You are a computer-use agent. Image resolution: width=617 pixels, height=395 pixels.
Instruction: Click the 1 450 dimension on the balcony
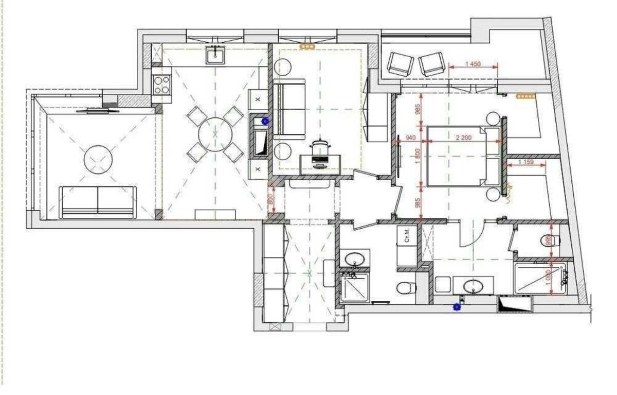pos(473,64)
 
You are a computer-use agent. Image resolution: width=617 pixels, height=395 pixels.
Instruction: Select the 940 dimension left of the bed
pos(410,138)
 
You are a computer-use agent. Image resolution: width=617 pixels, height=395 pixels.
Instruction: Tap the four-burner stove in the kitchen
pos(161,84)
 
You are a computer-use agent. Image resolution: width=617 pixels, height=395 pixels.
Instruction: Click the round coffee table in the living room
pos(98,160)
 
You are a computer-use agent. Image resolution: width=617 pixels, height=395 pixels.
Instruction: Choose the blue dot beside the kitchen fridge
pos(265,122)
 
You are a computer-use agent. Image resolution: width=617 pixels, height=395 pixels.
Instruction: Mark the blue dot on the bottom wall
pos(456,307)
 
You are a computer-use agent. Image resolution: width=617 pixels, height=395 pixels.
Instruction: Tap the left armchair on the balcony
pos(400,64)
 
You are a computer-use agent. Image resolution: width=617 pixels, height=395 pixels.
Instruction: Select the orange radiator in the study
pos(308,47)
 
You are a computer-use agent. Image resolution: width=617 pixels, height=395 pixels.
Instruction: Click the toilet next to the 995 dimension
pos(547,240)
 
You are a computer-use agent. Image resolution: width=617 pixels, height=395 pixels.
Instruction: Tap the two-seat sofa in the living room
pos(98,201)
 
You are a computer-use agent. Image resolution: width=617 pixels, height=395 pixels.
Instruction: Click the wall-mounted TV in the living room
pos(97,110)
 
